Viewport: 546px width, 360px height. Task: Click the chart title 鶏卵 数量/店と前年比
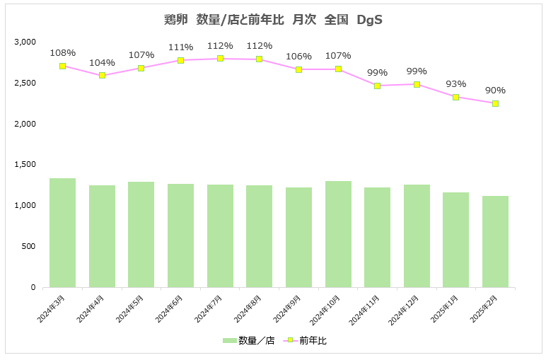point(273,20)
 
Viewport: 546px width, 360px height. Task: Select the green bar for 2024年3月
point(62,233)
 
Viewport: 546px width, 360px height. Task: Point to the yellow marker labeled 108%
point(63,66)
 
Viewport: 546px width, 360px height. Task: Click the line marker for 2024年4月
point(102,75)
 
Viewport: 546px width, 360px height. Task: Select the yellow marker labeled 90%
point(496,103)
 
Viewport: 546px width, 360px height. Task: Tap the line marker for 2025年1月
point(456,97)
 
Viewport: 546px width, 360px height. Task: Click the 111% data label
point(180,47)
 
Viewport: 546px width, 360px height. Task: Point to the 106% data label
point(298,57)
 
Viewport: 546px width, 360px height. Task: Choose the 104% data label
point(102,62)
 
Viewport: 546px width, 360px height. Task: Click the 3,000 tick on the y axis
point(25,42)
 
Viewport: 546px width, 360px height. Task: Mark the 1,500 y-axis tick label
point(25,165)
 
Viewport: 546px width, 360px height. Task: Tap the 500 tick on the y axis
point(29,247)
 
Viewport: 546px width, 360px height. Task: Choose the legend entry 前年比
point(306,340)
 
